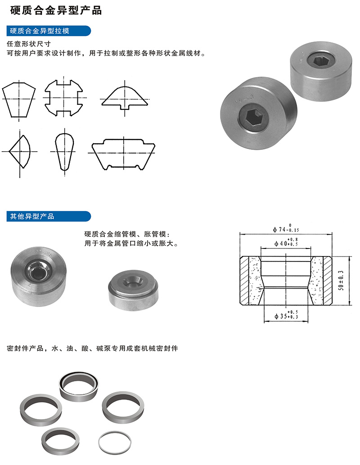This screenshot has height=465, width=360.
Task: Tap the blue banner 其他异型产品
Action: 32,217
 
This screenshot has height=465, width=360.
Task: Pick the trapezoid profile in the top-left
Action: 19,99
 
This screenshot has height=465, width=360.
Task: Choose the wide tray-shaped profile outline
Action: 124,154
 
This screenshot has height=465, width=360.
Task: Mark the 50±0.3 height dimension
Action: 340,280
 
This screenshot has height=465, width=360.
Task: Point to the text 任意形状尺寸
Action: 28,45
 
